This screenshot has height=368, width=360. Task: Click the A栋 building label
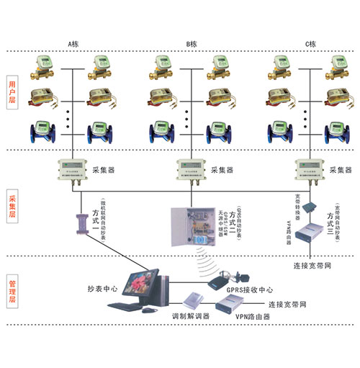point(73,45)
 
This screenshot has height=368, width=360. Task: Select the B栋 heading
point(192,45)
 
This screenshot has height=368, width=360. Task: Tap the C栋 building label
point(312,45)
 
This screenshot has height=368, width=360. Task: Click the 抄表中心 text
point(102,288)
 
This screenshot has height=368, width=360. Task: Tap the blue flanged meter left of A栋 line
point(42,133)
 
